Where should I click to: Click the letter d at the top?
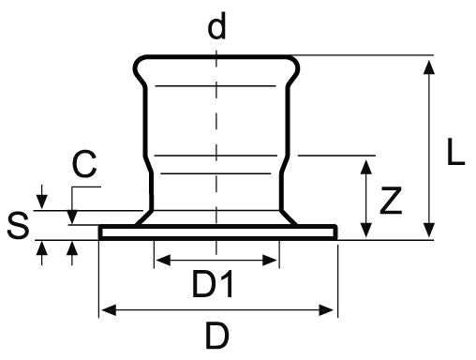tap(216, 26)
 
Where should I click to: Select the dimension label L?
tap(455, 154)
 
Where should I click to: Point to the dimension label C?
tap(84, 166)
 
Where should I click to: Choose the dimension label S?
tap(16, 226)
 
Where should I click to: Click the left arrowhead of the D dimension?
tap(106, 309)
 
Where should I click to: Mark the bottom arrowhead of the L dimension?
tap(429, 232)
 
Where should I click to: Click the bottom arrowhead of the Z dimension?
tap(364, 232)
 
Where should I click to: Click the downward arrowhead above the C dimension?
tap(41, 202)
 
